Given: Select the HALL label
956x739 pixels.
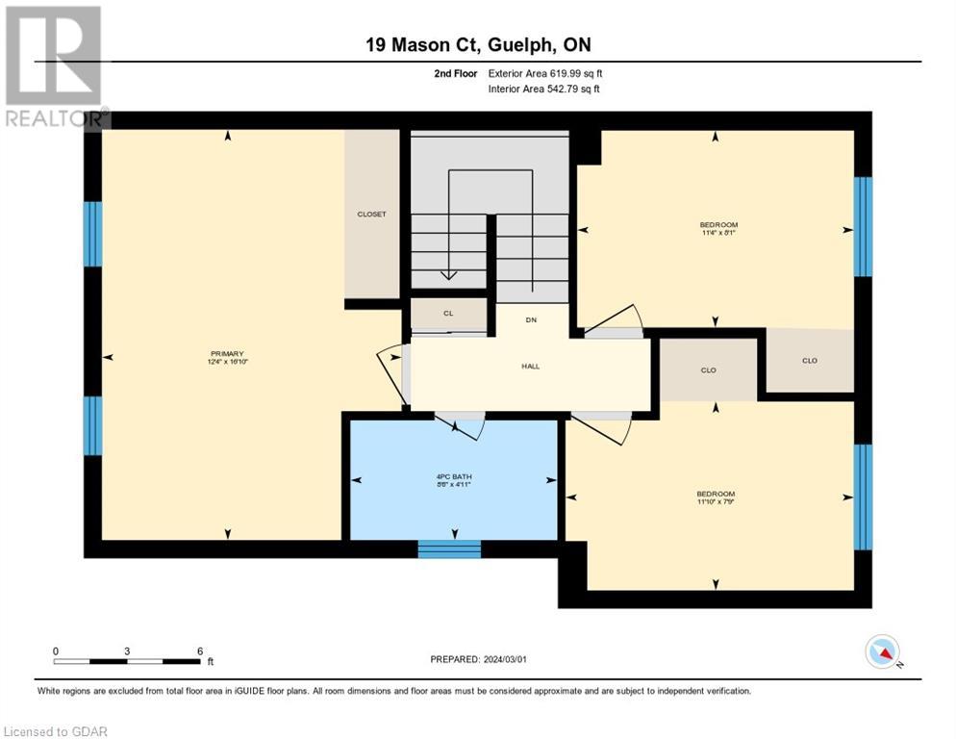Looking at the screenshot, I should (530, 367).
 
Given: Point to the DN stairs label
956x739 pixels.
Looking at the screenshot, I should (530, 319).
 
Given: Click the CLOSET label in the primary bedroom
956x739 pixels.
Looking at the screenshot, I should (371, 214).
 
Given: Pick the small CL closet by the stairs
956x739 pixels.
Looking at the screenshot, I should (448, 314).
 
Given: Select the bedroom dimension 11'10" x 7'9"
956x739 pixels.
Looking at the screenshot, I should (716, 500).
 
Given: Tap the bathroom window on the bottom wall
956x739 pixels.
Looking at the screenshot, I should (449, 548).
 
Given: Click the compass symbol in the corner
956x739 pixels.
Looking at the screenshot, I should (882, 652).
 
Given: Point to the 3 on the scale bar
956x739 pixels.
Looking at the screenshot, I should (127, 650).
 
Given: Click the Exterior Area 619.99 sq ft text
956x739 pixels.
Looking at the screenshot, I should (544, 73).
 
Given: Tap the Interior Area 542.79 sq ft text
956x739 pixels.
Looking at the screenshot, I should (544, 89).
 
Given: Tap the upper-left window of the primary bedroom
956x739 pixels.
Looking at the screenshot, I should (92, 234).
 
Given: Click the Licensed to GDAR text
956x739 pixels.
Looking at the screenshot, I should (57, 731).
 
